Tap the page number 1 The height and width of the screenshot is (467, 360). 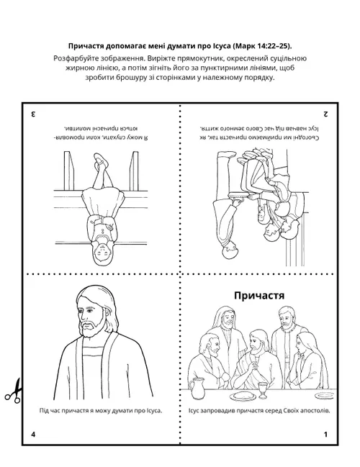[325, 435]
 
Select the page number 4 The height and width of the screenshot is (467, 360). [33, 435]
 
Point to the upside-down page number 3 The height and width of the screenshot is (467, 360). [33, 114]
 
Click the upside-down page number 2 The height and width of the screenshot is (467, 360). [325, 114]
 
